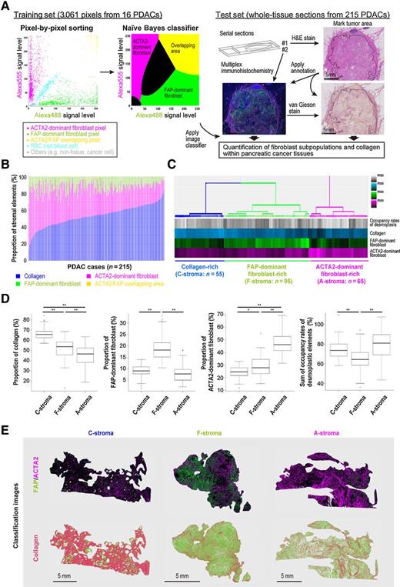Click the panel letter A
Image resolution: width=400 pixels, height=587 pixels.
5,6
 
